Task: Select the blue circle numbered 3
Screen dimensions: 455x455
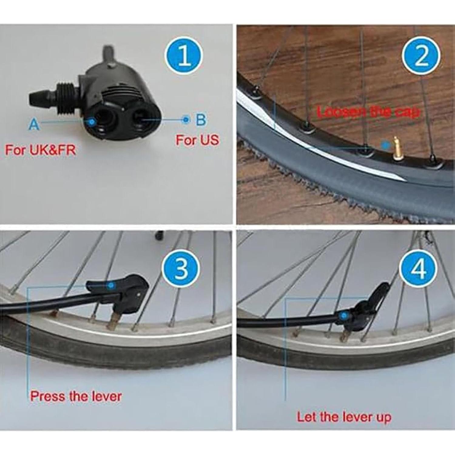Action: [181, 268]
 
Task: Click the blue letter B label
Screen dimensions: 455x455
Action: [201, 120]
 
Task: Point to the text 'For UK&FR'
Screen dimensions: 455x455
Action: [40, 150]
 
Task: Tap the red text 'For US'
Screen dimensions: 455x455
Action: [197, 140]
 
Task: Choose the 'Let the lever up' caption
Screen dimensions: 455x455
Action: [344, 417]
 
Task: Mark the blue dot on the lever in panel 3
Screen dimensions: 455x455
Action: [111, 285]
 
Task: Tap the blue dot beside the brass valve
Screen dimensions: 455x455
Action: [385, 145]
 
